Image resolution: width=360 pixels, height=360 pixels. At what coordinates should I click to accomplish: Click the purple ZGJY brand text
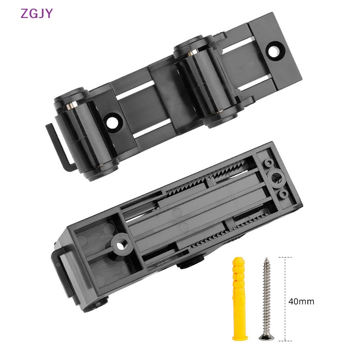[36, 13]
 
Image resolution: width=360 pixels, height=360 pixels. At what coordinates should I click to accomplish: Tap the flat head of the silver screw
[264, 336]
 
